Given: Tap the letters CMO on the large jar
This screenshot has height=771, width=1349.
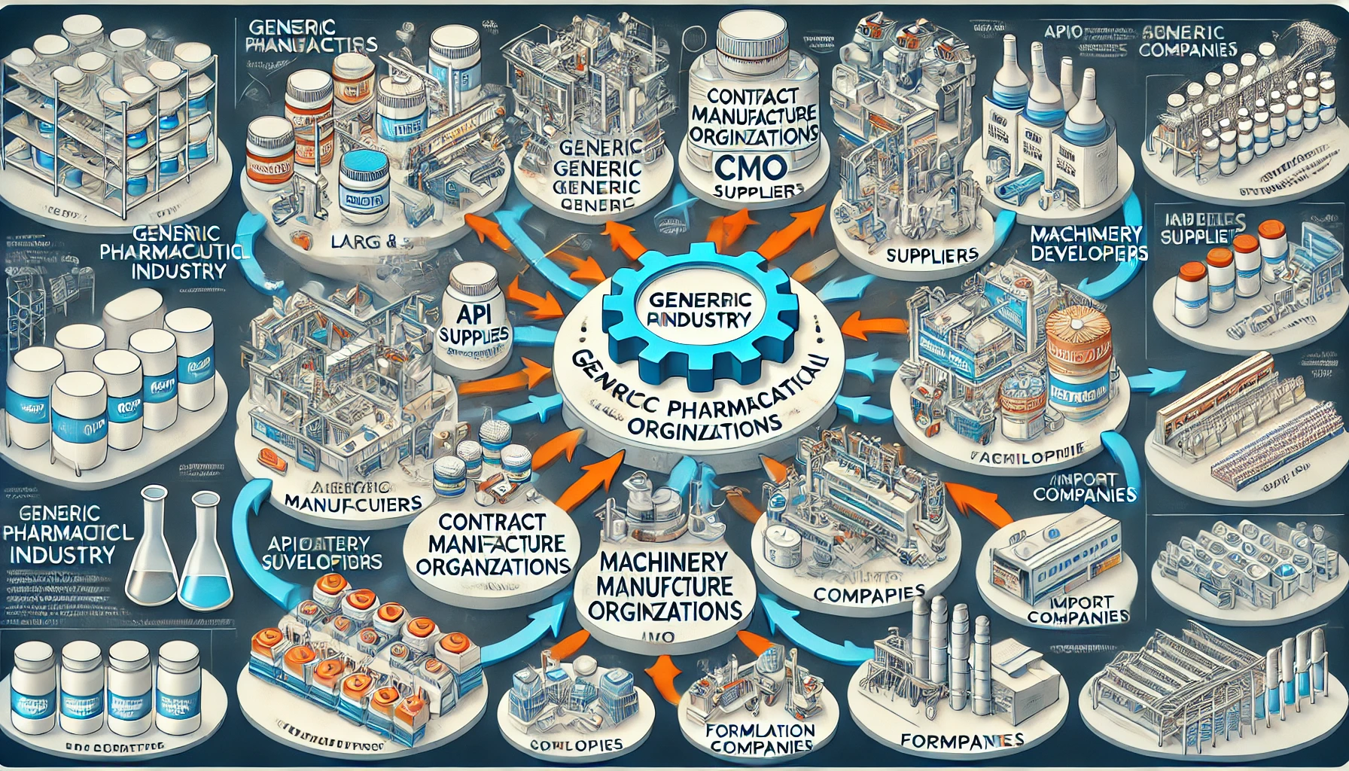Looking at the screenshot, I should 753,165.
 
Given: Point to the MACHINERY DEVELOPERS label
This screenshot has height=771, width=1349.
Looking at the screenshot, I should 1087,243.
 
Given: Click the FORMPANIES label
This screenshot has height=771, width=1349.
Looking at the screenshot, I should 961,740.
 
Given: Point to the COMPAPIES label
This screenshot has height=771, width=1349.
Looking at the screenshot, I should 869,593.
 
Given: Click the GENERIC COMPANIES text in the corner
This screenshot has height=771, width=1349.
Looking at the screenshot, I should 1187,41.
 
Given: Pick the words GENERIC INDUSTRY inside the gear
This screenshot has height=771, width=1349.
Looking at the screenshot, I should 700,308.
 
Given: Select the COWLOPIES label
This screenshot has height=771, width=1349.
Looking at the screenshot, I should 576,745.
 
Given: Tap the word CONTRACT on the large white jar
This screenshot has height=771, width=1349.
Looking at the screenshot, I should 753,96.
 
